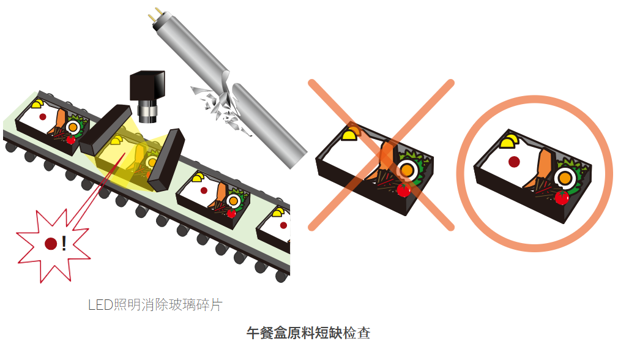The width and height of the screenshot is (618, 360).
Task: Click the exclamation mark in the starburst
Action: pyautogui.click(x=64, y=244)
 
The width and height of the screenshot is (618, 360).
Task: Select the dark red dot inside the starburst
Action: pyautogui.click(x=51, y=244)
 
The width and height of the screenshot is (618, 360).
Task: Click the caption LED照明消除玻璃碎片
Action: pyautogui.click(x=155, y=305)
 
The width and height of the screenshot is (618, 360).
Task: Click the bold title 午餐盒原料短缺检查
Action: pyautogui.click(x=308, y=333)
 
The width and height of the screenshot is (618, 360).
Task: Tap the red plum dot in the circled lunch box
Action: pyautogui.click(x=514, y=162)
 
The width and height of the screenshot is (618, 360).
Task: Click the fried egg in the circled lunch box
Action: pyautogui.click(x=565, y=178)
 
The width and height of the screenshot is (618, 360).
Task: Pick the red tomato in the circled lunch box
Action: pyautogui.click(x=562, y=197)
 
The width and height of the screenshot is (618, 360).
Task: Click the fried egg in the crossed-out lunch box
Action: pyautogui.click(x=406, y=170)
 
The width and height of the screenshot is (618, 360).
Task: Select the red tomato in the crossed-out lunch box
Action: pyautogui.click(x=403, y=190)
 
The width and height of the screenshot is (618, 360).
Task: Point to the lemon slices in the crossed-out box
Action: pyautogui.click(x=351, y=133)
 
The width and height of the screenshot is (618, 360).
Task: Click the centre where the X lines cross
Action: pyautogui.click(x=381, y=154)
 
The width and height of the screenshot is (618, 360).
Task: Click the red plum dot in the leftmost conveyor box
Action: pyautogui.click(x=43, y=116)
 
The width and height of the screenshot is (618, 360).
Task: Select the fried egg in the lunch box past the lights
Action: pyautogui.click(x=233, y=200)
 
